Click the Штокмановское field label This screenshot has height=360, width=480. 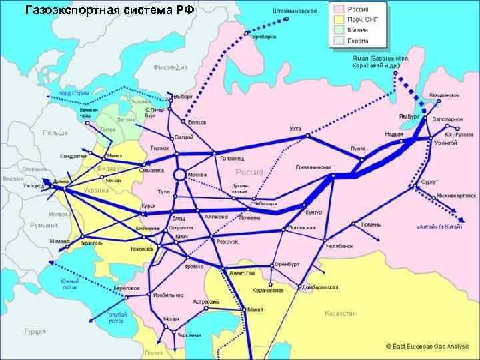[x=295, y=11]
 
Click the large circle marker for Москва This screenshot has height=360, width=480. [x=179, y=175]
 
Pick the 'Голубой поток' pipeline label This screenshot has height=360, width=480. [x=115, y=317]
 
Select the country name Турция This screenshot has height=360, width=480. [x=35, y=331]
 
